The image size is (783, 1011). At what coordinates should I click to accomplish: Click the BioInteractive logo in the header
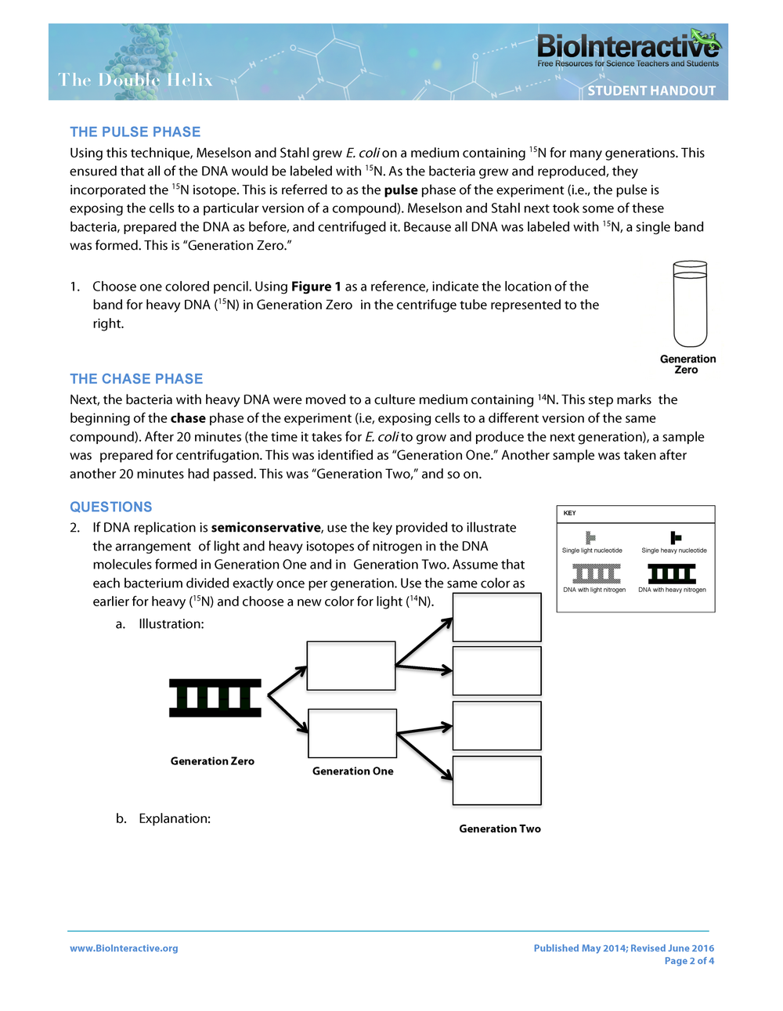pos(627,49)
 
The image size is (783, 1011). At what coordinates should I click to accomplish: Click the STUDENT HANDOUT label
pos(651,91)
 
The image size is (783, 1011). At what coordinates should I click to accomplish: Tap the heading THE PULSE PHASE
pos(135,132)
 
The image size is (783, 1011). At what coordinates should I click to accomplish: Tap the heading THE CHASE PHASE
pos(136,379)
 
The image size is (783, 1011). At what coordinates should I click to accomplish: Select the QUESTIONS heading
pos(111,507)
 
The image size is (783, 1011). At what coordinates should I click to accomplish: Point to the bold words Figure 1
pos(316,287)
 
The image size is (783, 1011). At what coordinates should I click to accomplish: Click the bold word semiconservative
pos(265,528)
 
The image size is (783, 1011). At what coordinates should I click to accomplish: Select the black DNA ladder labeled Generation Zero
pos(215,698)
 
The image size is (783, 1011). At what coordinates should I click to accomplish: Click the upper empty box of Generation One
pos(351,666)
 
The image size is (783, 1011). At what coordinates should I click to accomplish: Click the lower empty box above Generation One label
pos(352,733)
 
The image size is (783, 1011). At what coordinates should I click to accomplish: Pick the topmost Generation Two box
pos(496,617)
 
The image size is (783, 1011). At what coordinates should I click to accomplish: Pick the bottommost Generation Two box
pos(496,780)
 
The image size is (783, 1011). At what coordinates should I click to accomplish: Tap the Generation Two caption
pos(500,829)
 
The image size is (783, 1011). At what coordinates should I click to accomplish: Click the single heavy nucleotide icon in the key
pos(675,537)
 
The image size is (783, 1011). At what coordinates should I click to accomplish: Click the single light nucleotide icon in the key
pos(590,537)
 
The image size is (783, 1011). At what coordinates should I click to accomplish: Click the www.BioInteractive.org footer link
pos(124,948)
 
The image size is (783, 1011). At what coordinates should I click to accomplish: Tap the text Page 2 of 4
pos(689,961)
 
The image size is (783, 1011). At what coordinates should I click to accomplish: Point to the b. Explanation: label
pos(164,818)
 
